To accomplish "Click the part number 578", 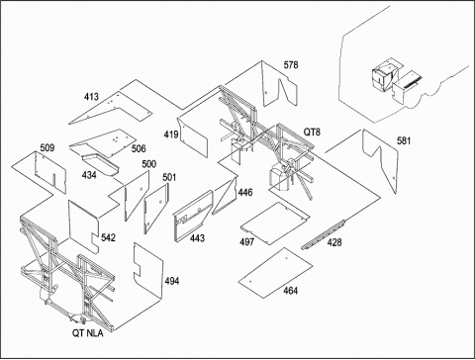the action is (x=291, y=65).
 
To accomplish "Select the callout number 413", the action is (x=91, y=97).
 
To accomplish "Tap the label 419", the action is (x=171, y=135).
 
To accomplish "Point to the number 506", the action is (x=139, y=148).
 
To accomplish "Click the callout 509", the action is (x=47, y=147).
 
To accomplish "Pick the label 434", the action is (x=89, y=175).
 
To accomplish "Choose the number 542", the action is (x=108, y=237).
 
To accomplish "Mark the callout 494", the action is (x=172, y=281).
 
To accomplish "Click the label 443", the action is (x=197, y=237).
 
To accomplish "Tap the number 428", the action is (x=334, y=242).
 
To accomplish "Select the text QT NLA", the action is (x=87, y=333).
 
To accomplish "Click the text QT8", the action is (x=312, y=133).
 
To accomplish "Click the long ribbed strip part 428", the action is (x=324, y=234).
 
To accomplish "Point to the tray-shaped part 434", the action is (x=100, y=164).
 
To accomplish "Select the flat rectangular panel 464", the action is (x=275, y=273).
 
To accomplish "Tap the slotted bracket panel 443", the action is (x=193, y=217).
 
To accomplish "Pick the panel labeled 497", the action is (x=275, y=224).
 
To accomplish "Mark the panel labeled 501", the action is (x=155, y=208).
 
